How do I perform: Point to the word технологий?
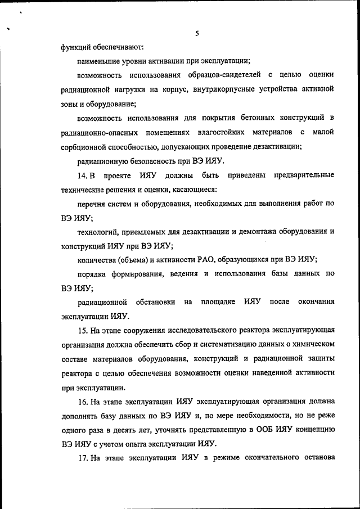point(98,231)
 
